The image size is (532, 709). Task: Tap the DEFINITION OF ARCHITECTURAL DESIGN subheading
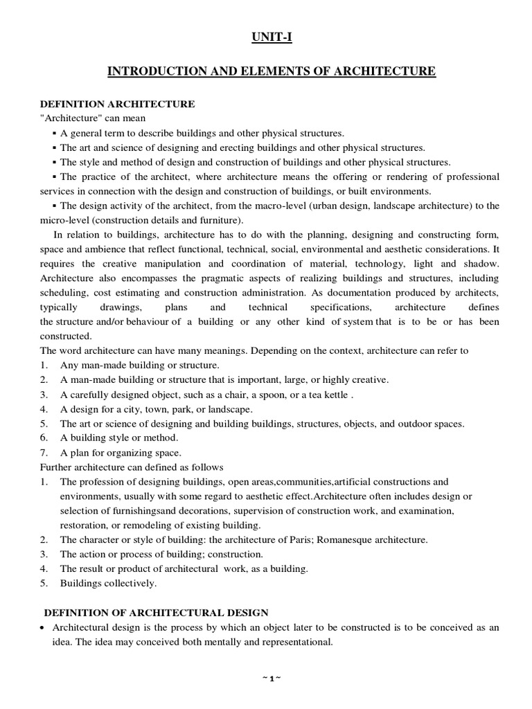tap(157, 613)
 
